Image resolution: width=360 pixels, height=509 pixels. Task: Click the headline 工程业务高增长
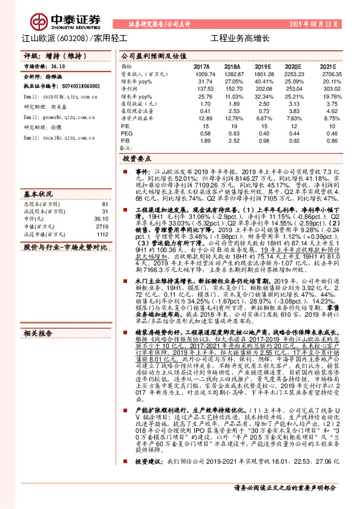[239, 37]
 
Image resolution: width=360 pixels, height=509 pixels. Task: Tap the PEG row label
[126, 132]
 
